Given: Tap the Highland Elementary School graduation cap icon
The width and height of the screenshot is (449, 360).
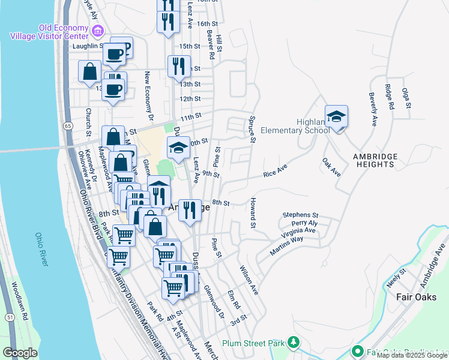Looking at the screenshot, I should pos(337,117).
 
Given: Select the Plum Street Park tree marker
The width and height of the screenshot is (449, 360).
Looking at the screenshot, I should pos(294,343).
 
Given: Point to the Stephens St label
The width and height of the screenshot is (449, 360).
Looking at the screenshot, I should pos(301,214).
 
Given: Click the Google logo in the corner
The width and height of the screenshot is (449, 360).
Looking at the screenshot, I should pos(20,353).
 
